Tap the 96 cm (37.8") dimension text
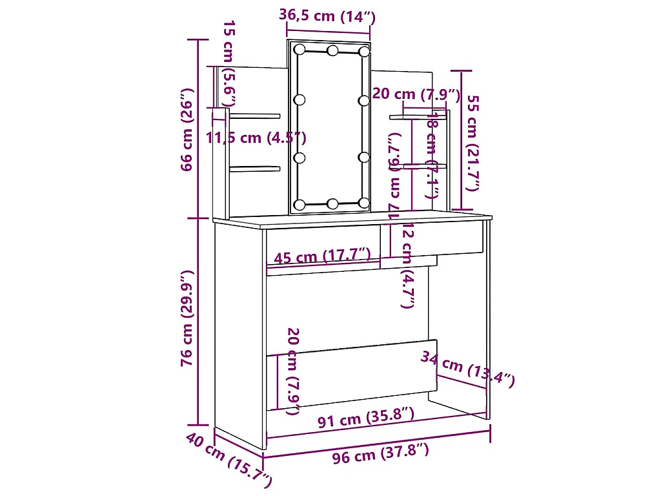pyautogui.click(x=380, y=455)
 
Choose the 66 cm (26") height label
pyautogui.click(x=187, y=129)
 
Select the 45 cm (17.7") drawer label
pyautogui.click(x=322, y=256)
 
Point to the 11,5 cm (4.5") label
pyautogui.click(x=256, y=138)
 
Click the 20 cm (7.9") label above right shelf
pyautogui.click(x=417, y=94)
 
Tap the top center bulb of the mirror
pyautogui.click(x=332, y=50)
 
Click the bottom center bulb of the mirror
pyautogui.click(x=332, y=204)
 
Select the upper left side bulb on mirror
pyautogui.click(x=299, y=100)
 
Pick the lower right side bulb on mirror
pyautogui.click(x=364, y=157)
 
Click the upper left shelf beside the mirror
pyautogui.click(x=255, y=116)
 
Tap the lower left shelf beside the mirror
pyautogui.click(x=255, y=169)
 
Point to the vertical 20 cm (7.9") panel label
pyautogui.click(x=292, y=371)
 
